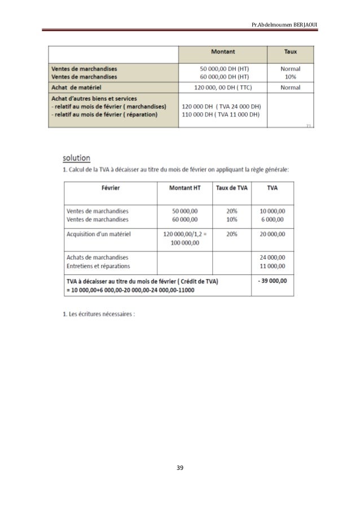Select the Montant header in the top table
coord(223,51)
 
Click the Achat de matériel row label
coord(76,87)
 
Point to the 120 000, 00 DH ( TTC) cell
coord(223,87)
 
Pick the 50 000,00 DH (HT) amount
coord(223,68)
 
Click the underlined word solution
coord(77,157)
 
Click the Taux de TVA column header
coord(230,188)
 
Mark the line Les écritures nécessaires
coord(99,315)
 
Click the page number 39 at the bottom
coord(180,468)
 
